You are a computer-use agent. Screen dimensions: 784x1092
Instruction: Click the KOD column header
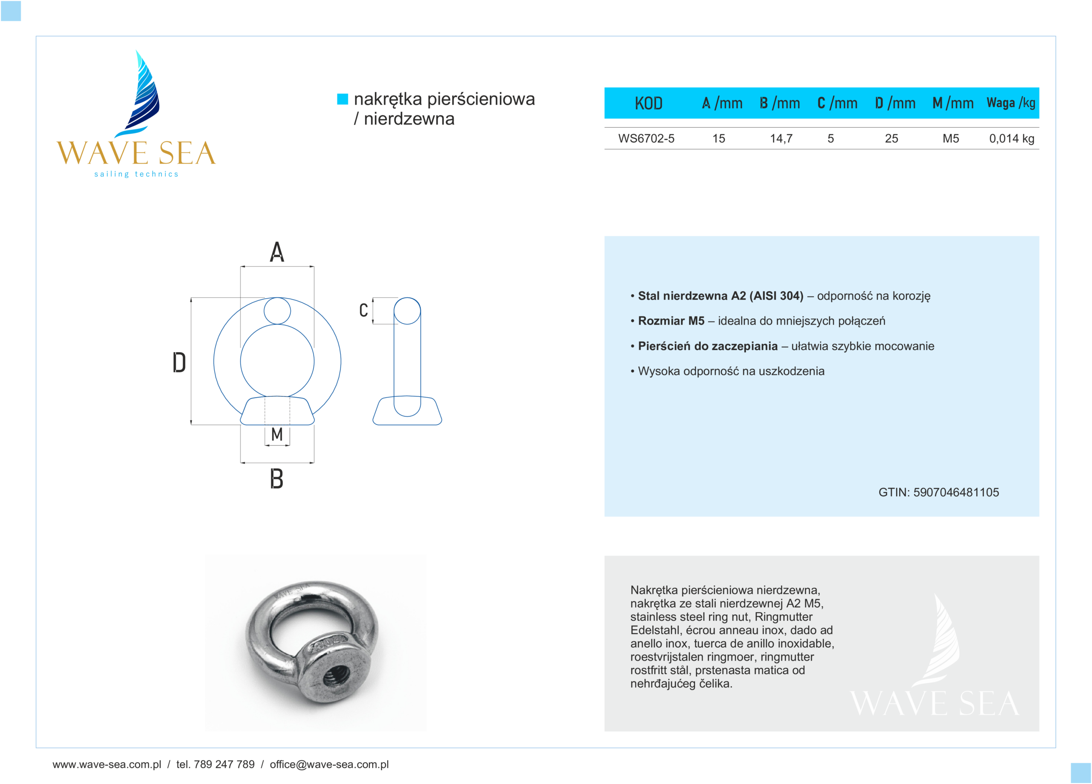click(648, 103)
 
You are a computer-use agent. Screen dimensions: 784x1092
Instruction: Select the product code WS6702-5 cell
click(646, 139)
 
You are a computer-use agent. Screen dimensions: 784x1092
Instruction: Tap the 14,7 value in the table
click(781, 139)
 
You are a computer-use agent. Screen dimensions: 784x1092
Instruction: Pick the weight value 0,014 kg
click(1011, 139)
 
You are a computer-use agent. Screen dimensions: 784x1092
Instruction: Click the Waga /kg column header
click(1011, 103)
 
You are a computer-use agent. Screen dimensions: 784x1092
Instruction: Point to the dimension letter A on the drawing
click(277, 252)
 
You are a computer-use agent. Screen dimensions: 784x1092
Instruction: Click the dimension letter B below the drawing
click(276, 479)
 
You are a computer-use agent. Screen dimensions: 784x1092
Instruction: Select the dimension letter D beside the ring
click(179, 363)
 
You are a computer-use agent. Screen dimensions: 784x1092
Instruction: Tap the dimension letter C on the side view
click(363, 310)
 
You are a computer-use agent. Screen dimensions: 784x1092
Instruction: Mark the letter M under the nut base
click(277, 434)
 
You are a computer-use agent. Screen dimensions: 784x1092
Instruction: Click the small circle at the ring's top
click(277, 311)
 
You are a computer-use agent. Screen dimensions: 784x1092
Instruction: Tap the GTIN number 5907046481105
click(956, 492)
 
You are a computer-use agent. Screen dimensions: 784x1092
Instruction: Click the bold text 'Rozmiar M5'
click(671, 321)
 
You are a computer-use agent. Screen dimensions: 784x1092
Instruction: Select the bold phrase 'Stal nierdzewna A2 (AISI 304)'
click(720, 296)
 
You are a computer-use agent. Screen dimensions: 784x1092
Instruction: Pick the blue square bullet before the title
click(343, 99)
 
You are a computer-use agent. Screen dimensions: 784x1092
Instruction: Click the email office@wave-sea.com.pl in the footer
click(329, 764)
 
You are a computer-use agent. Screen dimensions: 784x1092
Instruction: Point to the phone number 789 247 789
click(224, 764)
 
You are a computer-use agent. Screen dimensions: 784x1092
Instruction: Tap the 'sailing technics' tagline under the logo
click(136, 174)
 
